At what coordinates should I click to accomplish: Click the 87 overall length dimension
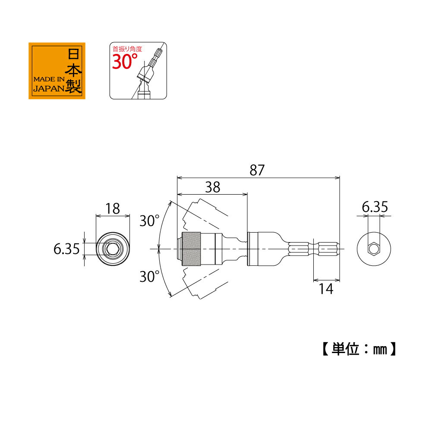point(257,170)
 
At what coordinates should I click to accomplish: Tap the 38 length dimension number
point(213,187)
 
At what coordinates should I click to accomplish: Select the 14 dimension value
point(326,289)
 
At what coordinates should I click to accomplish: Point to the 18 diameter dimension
point(113,208)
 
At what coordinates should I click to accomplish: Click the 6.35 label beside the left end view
point(66,249)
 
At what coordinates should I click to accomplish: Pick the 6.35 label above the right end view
point(375,207)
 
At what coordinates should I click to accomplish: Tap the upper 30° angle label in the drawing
point(149,221)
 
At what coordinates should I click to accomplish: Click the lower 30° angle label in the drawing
point(149,276)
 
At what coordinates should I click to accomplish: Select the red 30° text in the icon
point(125,61)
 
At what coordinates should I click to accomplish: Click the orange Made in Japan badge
point(57,71)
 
